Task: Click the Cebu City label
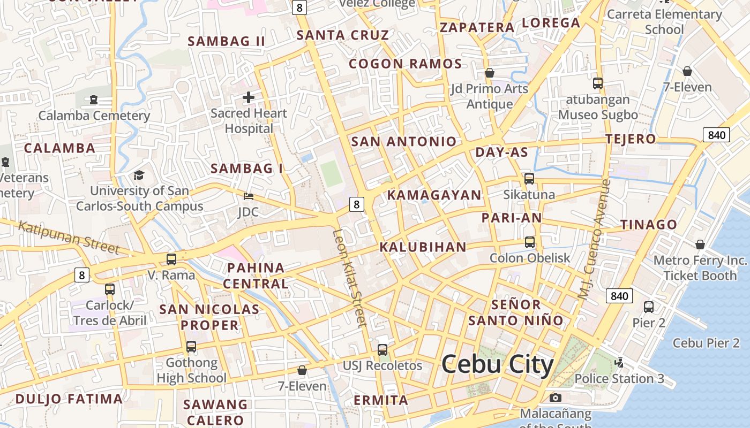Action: [x=497, y=365]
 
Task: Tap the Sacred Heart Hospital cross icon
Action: [x=249, y=97]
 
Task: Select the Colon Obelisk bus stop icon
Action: [x=530, y=242]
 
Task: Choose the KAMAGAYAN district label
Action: [x=434, y=195]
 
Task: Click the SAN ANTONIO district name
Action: [x=404, y=142]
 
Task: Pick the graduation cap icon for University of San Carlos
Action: [x=139, y=175]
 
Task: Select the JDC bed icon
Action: [x=248, y=197]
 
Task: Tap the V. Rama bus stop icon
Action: [x=171, y=259]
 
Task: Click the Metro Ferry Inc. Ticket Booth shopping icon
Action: [x=700, y=244]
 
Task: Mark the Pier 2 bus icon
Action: [x=649, y=307]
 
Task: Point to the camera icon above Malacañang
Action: [x=556, y=398]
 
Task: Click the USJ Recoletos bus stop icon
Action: [x=382, y=350]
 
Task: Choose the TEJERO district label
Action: [x=631, y=139]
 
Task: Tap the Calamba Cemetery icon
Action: [x=94, y=100]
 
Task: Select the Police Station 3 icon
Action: [x=619, y=363]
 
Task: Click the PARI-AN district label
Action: [x=512, y=218]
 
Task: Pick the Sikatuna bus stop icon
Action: [x=529, y=179]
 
